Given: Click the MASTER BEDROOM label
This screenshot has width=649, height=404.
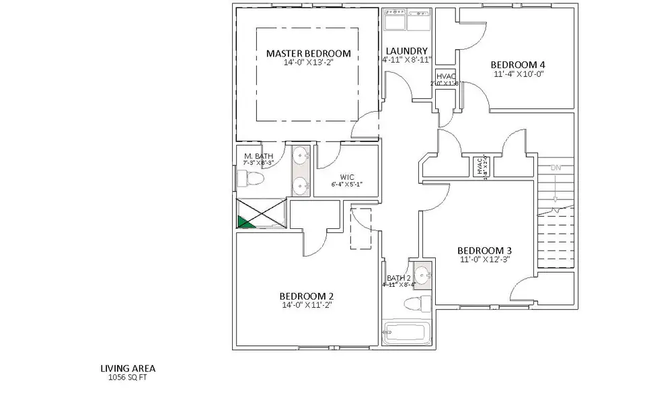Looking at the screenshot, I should point(309,53).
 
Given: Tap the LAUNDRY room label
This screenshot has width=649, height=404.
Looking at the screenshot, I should point(406,50).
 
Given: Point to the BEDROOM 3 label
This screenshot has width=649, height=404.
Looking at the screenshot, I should point(485,248).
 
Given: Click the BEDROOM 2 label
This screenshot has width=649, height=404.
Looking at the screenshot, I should point(307,296).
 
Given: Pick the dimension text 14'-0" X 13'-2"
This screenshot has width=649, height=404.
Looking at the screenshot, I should point(309,63).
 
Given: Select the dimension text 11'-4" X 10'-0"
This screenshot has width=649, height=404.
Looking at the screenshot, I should point(518,74).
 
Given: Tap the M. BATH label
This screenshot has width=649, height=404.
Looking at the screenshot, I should point(258,156).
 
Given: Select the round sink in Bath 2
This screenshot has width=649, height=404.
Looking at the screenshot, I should point(422,275).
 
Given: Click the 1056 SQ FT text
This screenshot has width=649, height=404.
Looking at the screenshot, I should point(127,378).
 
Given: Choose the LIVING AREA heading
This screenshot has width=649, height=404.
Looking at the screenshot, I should point(128,368).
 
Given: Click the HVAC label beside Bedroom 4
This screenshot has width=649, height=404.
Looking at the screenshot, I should point(446,77).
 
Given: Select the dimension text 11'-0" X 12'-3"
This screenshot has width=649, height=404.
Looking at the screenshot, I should point(485,259).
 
